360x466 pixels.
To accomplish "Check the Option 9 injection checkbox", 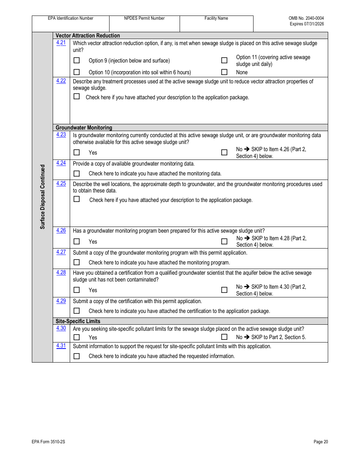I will (77, 60).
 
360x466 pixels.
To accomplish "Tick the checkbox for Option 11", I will (224, 60).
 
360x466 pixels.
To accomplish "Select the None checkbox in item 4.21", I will (224, 72).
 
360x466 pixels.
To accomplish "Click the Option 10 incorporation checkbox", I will (77, 72).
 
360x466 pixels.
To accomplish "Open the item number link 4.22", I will (61, 81).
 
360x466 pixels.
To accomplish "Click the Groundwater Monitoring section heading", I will (84, 128).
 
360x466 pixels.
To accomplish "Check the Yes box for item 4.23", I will (77, 152).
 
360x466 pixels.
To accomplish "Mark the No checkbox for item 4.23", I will (224, 152).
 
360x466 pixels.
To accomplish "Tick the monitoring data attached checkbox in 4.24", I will (77, 174).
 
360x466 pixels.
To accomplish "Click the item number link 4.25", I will (61, 183).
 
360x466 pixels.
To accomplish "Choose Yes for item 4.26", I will (77, 241).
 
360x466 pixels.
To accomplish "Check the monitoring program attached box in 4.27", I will (77, 262).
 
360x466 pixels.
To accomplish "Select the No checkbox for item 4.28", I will (224, 290).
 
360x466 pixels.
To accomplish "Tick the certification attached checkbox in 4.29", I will (77, 311).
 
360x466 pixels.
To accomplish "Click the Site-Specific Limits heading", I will (78, 321).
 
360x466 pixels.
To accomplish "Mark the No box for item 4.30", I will (224, 337).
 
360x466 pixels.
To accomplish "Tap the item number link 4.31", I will (61, 346).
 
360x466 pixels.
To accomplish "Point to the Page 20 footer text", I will (321, 442).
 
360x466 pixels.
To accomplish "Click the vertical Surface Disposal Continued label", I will (42, 197).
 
